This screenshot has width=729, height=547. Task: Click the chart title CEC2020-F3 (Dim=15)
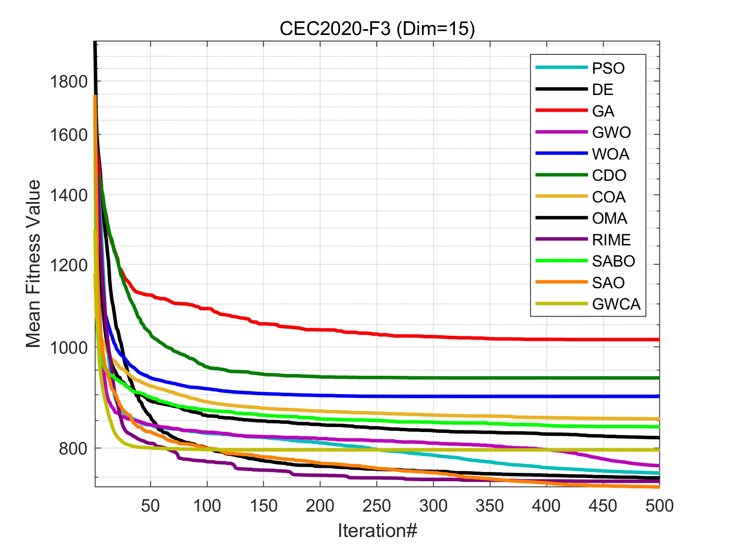coord(377,29)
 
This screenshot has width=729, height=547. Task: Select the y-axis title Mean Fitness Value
coord(33,264)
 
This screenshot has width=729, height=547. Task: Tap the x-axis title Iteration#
coord(377,531)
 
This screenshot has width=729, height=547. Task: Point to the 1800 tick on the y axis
coord(69,82)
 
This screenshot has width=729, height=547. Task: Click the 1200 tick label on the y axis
coord(69,265)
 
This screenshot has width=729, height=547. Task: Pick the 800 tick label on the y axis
coord(73,449)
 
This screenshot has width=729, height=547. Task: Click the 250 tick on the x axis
coord(377,506)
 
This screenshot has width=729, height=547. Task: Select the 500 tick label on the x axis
coord(659,506)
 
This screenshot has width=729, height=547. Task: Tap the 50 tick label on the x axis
coord(150,506)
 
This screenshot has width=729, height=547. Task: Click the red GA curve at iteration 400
coord(546,339)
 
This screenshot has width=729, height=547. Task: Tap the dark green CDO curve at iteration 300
coord(433,378)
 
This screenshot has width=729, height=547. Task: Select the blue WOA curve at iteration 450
coord(603,396)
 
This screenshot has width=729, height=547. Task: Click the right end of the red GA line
coord(658,340)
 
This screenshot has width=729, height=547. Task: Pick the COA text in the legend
coord(609,197)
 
